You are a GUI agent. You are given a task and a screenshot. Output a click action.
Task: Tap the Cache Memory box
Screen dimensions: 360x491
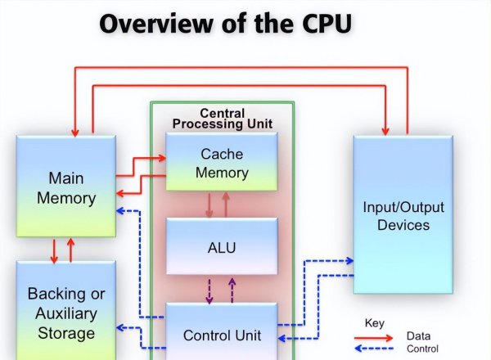[x=222, y=162]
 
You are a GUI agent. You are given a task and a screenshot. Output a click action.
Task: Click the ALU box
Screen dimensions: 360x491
[x=222, y=246]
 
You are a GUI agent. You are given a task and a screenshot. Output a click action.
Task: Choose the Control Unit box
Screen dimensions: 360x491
[x=222, y=334]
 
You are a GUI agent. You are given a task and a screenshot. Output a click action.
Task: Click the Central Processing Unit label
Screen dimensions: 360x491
[x=222, y=118]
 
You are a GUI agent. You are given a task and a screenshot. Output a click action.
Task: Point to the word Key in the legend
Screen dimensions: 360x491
[x=374, y=322]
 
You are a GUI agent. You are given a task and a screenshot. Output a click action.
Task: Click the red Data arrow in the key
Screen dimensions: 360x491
[x=373, y=336]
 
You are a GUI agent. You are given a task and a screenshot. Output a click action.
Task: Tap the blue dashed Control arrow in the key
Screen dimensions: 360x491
[x=373, y=348]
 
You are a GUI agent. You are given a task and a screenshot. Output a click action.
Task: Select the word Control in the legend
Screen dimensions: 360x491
[x=422, y=348]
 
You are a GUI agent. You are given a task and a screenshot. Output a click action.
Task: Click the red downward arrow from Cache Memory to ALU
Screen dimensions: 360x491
[x=209, y=205]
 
